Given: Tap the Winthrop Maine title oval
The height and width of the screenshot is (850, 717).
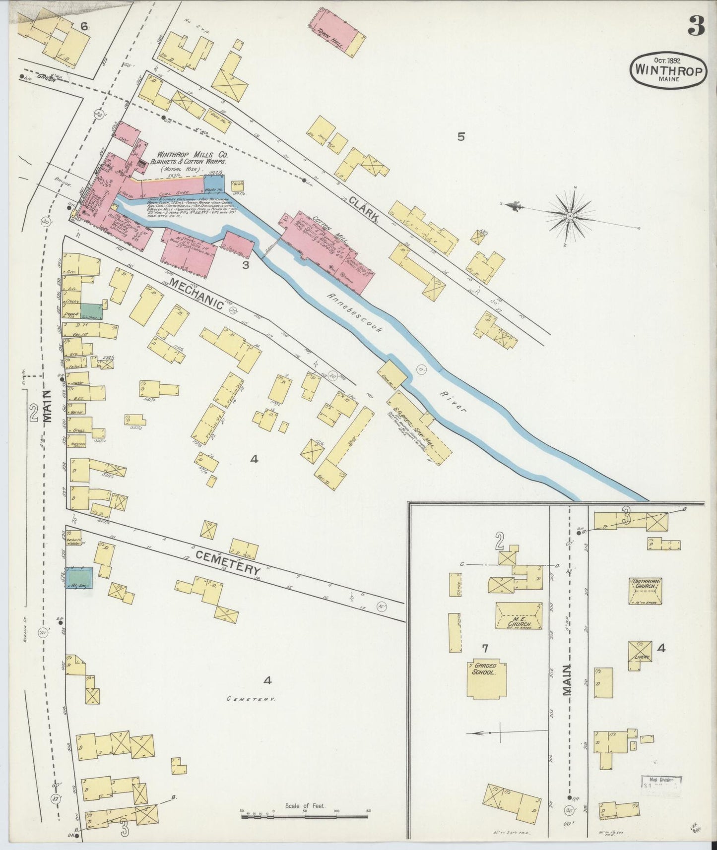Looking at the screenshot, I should [668, 71].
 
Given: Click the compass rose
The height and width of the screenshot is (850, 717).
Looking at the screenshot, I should [571, 216].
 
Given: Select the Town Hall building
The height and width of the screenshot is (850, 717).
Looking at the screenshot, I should [335, 35].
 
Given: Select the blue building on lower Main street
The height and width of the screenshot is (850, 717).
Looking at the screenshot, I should [80, 578].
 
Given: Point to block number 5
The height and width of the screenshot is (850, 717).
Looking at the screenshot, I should [460, 136].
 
